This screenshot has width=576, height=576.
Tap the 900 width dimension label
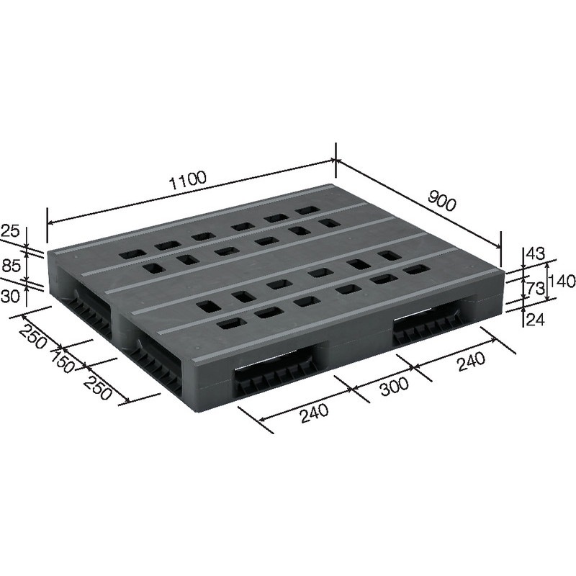click(441, 201)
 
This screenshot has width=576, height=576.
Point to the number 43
click(534, 253)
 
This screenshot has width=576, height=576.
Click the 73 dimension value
click(534, 290)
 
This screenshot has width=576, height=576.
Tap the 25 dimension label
click(10, 231)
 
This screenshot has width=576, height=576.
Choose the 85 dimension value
click(10, 266)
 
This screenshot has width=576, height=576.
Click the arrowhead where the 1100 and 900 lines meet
click(335, 163)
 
